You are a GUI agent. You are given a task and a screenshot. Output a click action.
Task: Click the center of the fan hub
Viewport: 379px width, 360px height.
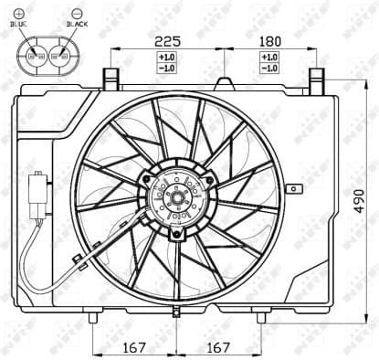tap(176, 194)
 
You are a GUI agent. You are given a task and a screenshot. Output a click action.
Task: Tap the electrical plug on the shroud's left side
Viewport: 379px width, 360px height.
tap(38, 193)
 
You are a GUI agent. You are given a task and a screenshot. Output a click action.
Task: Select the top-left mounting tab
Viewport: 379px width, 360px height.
tap(112, 77)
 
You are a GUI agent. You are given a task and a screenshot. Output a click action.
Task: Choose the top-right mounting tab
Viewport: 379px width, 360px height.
tap(316, 77)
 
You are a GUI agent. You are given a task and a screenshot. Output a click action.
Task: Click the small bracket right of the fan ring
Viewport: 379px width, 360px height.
tap(292, 189)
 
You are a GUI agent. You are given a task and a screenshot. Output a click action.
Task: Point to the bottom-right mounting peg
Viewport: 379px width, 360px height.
tap(260, 317)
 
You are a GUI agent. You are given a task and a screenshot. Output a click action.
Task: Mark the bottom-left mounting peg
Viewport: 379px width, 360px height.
tap(94, 316)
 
